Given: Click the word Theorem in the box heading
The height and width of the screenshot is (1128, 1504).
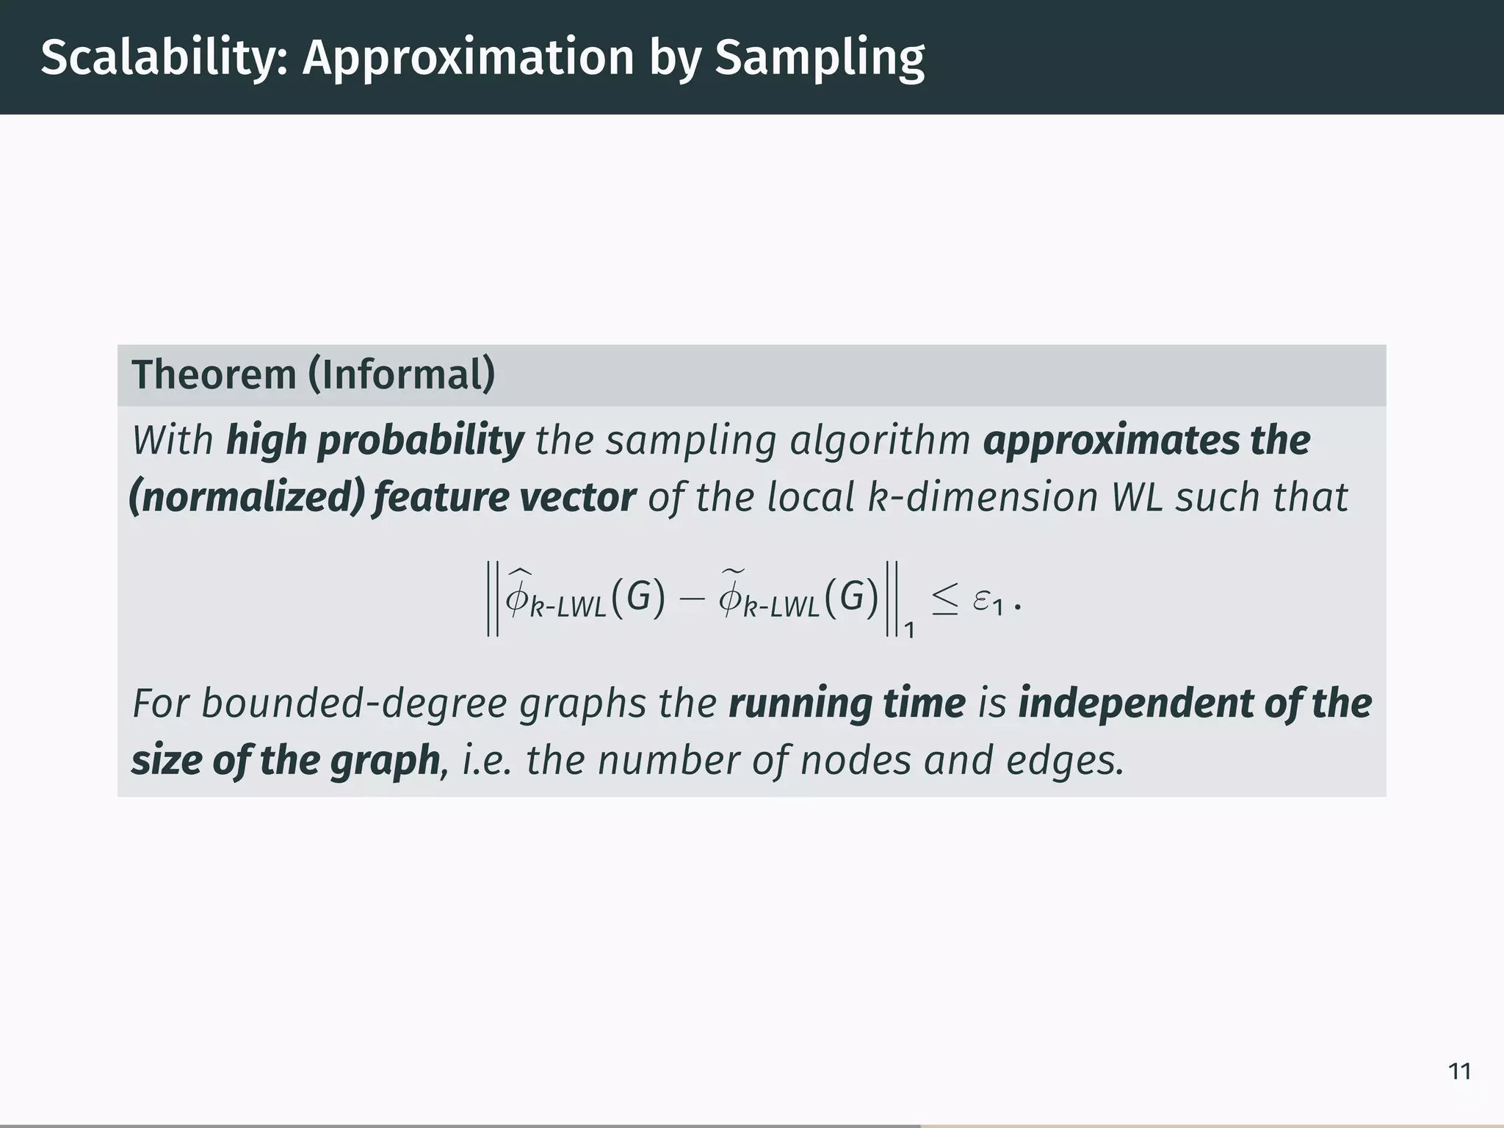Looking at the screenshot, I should (214, 375).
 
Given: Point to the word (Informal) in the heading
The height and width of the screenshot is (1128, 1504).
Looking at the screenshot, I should (402, 375).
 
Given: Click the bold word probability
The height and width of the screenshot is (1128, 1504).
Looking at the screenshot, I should (420, 441).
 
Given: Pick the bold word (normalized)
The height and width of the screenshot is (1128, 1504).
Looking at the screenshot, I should (246, 497).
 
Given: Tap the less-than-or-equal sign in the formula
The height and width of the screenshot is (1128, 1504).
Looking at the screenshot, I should (944, 601).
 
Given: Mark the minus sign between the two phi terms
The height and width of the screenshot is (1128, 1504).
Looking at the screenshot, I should (691, 599).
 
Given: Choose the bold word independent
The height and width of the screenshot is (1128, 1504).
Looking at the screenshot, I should (1135, 703).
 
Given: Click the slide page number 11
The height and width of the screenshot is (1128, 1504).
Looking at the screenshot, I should (1459, 1071).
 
